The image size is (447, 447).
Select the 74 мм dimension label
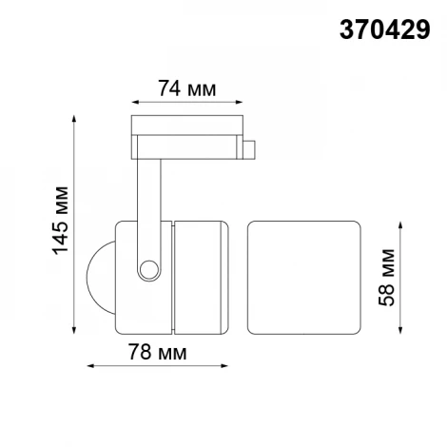pyautogui.click(x=185, y=89)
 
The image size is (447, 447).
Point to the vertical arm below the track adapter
pyautogui.click(x=146, y=200)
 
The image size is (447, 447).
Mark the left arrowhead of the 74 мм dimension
pyautogui.click(x=132, y=102)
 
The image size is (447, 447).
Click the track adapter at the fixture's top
pyautogui.click(x=185, y=135)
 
